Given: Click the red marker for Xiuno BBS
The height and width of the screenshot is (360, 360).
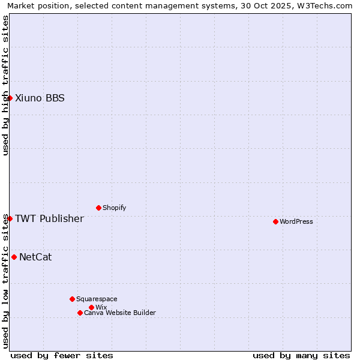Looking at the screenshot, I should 10,98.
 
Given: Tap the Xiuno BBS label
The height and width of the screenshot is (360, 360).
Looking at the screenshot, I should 40,98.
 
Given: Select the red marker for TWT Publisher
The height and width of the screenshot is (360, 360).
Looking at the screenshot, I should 10,218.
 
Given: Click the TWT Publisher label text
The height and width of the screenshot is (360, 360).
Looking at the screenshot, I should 49,218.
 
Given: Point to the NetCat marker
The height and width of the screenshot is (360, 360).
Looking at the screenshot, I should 14,257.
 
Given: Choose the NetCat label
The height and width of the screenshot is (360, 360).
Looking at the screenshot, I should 35,257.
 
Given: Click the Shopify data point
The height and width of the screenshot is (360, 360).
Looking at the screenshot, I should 98,208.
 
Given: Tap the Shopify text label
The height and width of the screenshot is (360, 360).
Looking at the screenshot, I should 114,208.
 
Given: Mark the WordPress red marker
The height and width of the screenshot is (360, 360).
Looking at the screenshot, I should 275,221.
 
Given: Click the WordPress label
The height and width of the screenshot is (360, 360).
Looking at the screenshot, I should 296,222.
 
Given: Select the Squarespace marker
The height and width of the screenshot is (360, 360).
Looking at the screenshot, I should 72,299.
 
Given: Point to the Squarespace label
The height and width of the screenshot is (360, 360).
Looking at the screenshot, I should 97,299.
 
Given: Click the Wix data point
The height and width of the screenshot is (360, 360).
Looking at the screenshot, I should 91,307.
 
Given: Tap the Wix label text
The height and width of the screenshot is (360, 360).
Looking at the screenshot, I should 101,308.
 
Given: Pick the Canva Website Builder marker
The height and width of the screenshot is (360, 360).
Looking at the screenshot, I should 80,313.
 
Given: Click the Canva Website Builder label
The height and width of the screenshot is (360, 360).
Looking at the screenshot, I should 120,313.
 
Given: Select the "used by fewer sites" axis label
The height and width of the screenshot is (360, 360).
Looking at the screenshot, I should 62,356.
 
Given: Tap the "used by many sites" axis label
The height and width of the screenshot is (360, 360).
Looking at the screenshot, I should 301,356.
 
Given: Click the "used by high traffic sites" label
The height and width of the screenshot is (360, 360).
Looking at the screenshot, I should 6,85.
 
